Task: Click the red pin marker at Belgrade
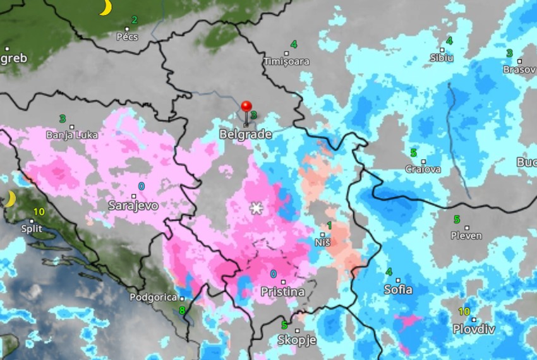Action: click(x=246, y=107)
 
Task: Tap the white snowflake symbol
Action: click(x=256, y=208)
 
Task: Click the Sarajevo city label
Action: click(x=133, y=205)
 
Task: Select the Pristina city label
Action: click(x=282, y=292)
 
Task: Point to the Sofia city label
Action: click(x=398, y=290)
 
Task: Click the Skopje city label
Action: click(x=296, y=340)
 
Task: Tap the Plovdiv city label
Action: click(x=473, y=329)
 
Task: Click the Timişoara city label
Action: click(x=287, y=62)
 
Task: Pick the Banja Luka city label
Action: click(x=72, y=135)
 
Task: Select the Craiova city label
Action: click(x=423, y=169)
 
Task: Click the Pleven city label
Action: click(x=466, y=236)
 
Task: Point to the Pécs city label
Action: click(x=128, y=37)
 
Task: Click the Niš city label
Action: click(x=322, y=243)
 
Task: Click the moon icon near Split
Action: click(x=10, y=200)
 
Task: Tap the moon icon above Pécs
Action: click(x=106, y=8)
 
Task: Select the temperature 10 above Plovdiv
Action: click(x=464, y=311)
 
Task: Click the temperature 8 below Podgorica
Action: click(x=182, y=310)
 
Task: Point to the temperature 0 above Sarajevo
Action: click(x=141, y=186)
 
